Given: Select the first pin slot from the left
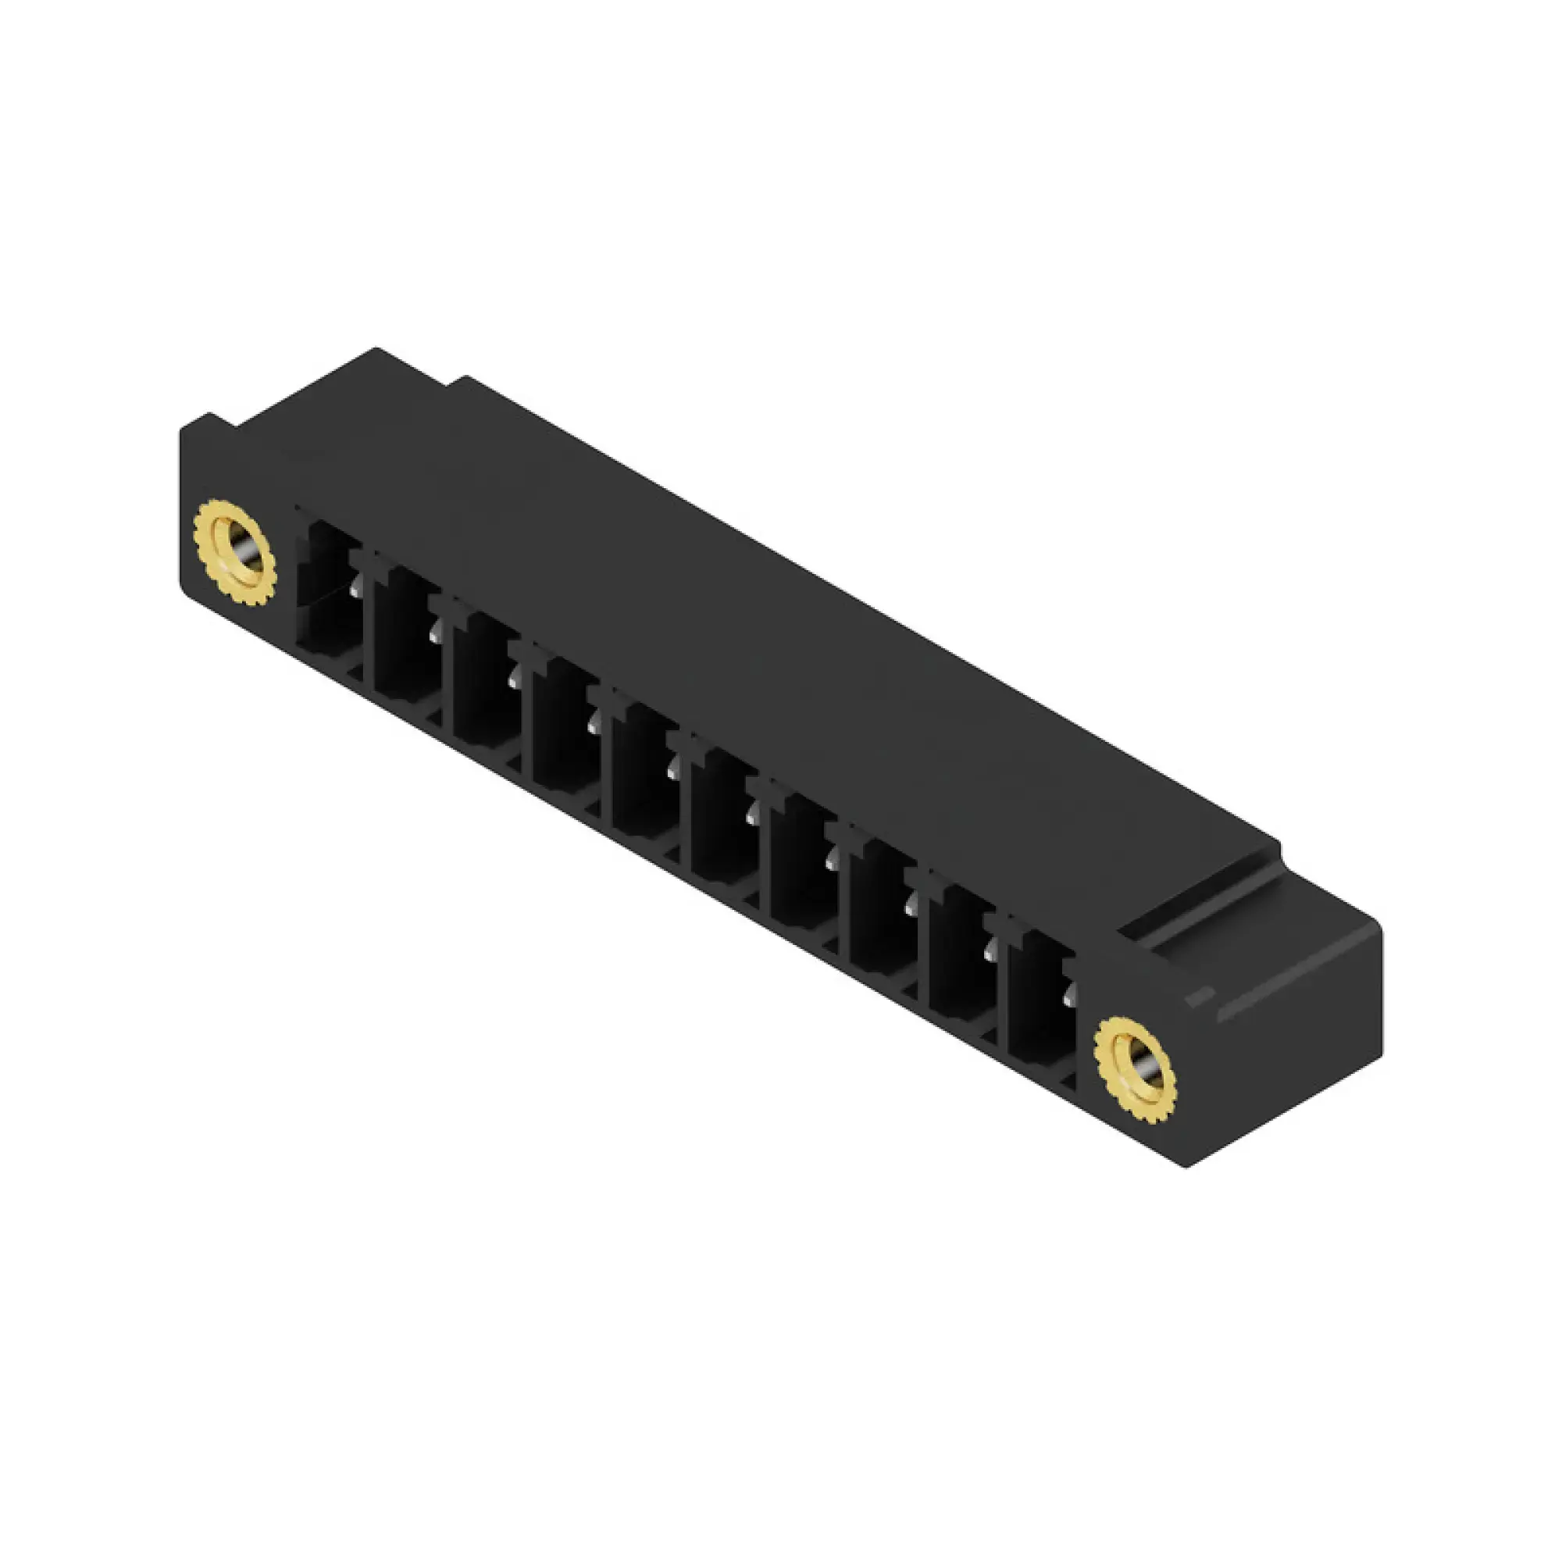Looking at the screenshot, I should click(328, 594).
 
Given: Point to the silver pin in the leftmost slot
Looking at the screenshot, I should click(355, 592).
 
